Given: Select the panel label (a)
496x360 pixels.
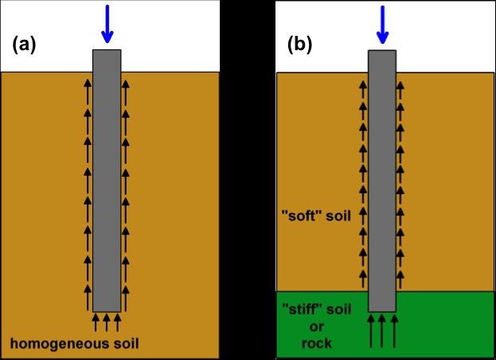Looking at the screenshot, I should pyautogui.click(x=25, y=45).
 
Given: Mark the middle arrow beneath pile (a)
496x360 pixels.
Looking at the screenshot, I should pyautogui.click(x=107, y=322).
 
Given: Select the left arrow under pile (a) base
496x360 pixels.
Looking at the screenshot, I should pyautogui.click(x=96, y=322).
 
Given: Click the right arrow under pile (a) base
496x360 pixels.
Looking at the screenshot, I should pyautogui.click(x=118, y=322).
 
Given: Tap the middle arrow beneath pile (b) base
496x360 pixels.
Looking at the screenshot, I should pyautogui.click(x=383, y=330).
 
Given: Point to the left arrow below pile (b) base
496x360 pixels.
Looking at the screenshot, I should pyautogui.click(x=370, y=330).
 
